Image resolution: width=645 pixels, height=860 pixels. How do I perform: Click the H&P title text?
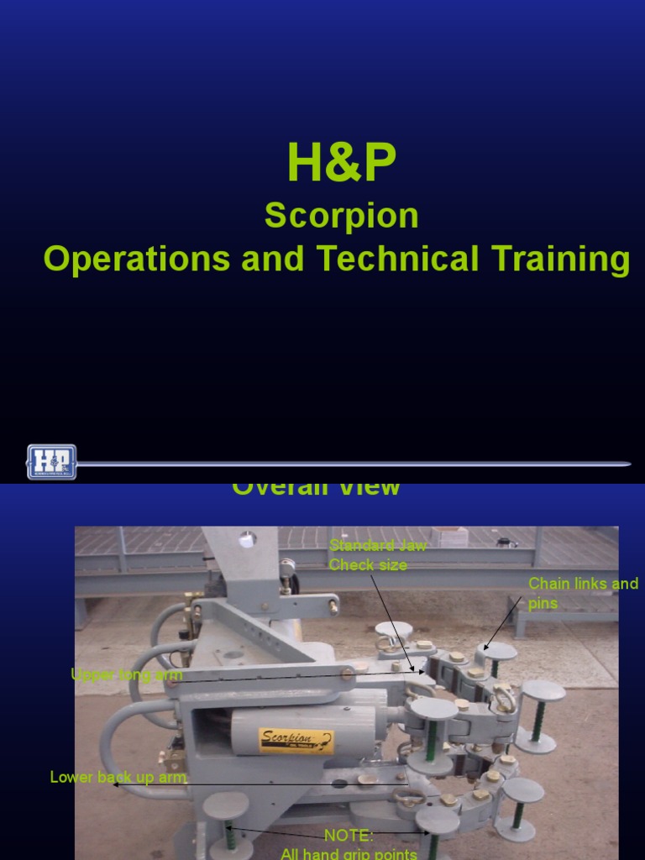pos(341,164)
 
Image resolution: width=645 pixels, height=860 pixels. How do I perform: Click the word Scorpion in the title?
pos(341,217)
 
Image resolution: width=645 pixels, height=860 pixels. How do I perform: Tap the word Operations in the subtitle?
pos(137,260)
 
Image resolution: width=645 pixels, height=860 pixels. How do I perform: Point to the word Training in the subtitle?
pos(554,260)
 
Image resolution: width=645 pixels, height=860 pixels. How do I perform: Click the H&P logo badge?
pos(51,462)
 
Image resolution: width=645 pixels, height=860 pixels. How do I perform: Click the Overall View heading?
pos(316,488)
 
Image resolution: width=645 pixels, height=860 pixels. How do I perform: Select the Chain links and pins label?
pos(582,592)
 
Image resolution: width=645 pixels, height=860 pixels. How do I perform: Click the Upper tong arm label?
pos(127,674)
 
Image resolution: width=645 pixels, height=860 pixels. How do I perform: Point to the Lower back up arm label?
pos(118,777)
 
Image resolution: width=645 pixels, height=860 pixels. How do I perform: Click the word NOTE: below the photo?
pos(349,836)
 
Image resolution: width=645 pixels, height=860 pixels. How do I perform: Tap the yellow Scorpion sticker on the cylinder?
pos(296,742)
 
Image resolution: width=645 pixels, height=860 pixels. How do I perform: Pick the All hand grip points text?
pos(349,853)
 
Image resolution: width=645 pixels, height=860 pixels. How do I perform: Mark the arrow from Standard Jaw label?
pos(392,621)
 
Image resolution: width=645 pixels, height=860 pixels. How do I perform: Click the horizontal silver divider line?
pos(353,463)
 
